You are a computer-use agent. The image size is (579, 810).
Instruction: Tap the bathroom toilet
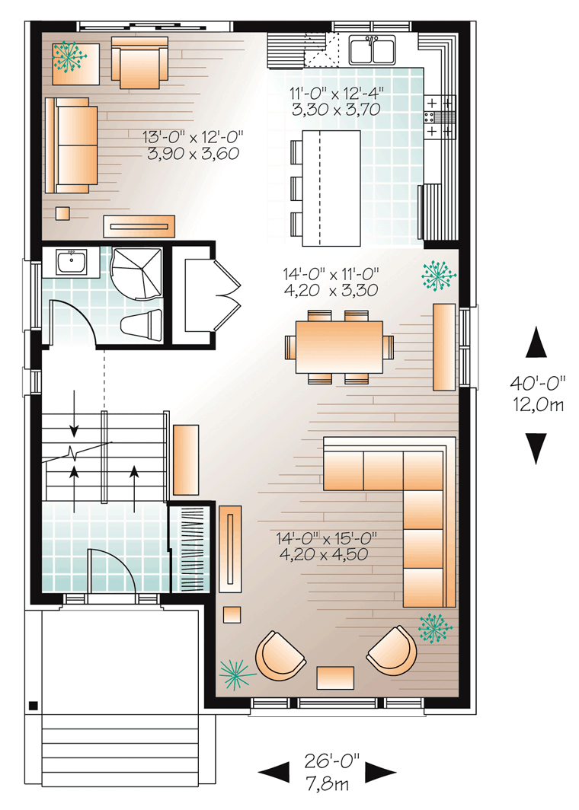(x=142, y=325)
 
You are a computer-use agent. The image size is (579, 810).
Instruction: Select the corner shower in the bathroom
(x=137, y=273)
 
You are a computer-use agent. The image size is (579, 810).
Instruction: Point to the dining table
(x=339, y=346)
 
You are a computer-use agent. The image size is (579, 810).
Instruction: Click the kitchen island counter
(x=331, y=188)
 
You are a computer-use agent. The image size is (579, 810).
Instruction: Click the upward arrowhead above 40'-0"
(x=537, y=343)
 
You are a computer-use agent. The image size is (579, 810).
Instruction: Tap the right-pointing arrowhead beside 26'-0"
(x=379, y=773)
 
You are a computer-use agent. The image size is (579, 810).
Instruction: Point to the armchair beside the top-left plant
(x=139, y=61)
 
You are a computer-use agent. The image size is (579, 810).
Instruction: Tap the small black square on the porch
(x=33, y=706)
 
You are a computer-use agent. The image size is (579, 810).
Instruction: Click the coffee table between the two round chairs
(x=335, y=677)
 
